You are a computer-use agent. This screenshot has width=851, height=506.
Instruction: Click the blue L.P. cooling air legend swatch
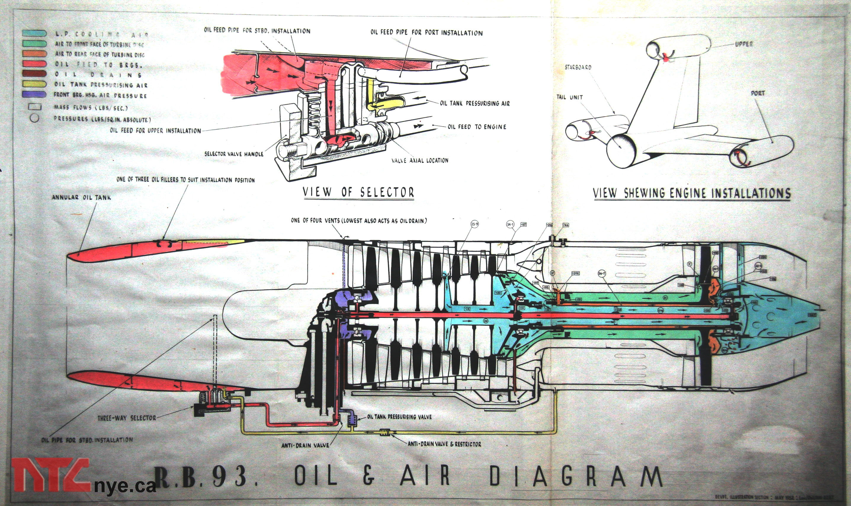[34, 33]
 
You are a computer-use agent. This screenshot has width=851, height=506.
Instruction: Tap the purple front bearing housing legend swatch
[34, 94]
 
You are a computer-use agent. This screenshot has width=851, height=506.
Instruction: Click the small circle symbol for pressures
[34, 118]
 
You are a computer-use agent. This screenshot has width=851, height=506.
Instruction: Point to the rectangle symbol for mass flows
[34, 107]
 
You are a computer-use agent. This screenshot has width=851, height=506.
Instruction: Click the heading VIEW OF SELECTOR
[358, 192]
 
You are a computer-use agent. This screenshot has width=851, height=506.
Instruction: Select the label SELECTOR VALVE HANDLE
[234, 154]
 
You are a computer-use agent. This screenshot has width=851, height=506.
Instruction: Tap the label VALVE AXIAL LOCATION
[420, 160]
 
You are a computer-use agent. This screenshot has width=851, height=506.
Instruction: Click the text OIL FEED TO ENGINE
[477, 127]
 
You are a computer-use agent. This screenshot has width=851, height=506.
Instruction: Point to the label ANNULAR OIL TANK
[81, 198]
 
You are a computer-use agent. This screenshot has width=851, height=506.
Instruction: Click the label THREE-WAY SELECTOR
[127, 418]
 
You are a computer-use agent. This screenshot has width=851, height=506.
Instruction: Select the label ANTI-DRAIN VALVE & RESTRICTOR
[444, 444]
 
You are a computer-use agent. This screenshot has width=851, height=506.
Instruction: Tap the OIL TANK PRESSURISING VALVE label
[399, 417]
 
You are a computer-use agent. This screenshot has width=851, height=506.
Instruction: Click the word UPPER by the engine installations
[744, 44]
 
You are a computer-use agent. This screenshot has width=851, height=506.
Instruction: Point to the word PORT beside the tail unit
[757, 93]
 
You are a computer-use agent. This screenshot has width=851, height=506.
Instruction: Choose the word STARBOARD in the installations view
[578, 67]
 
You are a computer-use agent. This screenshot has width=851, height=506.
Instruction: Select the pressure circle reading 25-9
[474, 224]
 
